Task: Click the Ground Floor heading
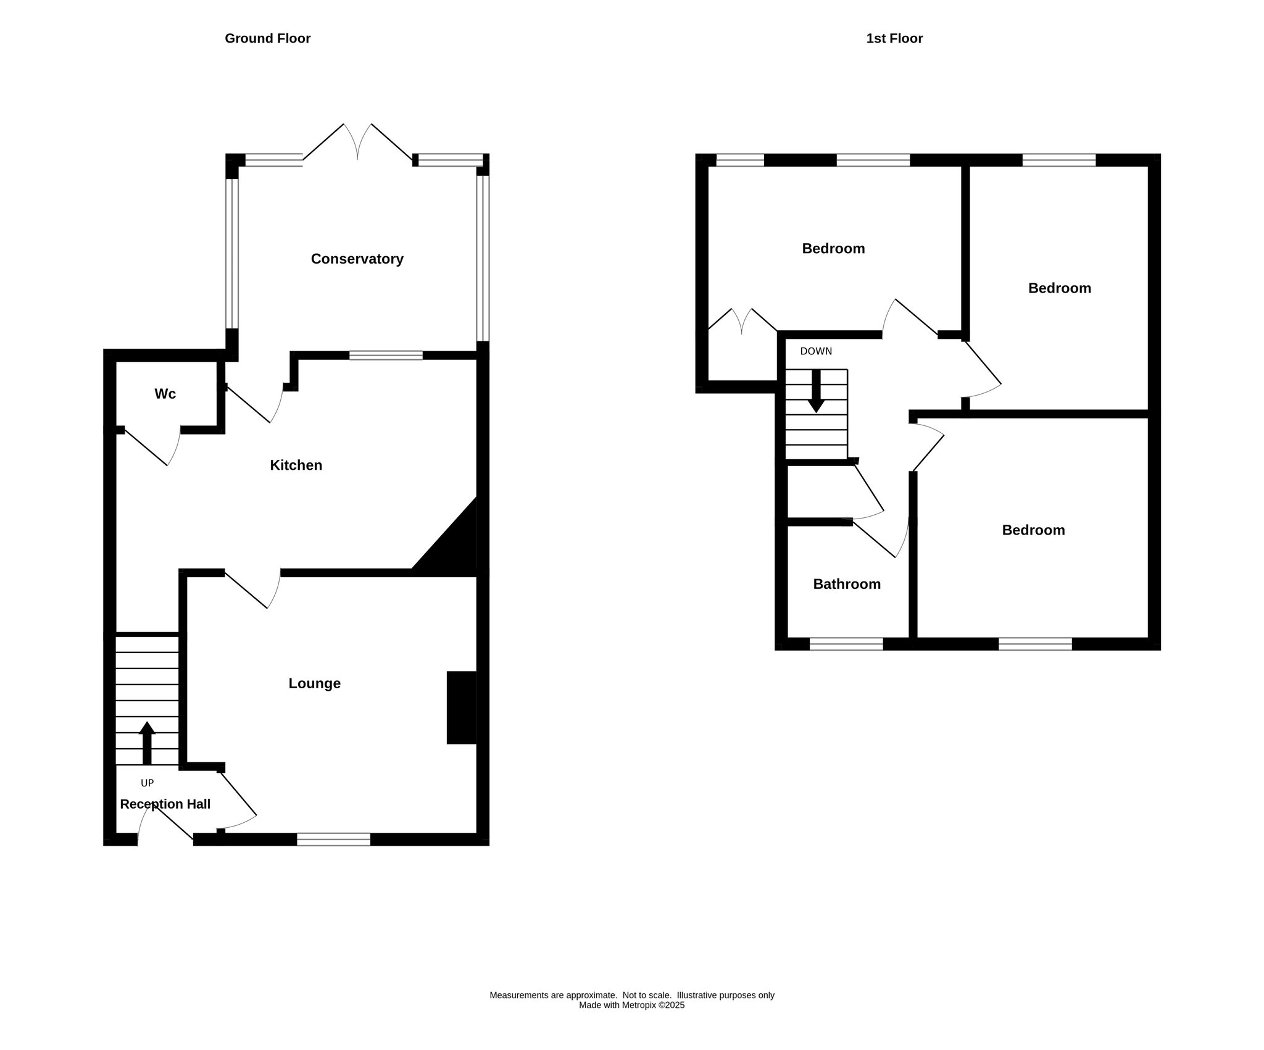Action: coord(267,38)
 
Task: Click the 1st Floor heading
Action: coord(894,38)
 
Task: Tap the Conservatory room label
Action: coord(357,259)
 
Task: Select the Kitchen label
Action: coord(296,465)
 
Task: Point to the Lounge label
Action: coord(314,683)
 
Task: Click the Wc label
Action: coord(165,394)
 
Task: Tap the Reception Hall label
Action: coord(165,804)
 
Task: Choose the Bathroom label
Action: coord(847,584)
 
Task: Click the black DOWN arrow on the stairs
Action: coord(816,391)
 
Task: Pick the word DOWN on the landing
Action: coord(816,351)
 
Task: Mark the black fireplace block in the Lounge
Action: coord(462,707)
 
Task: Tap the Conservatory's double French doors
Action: coord(358,143)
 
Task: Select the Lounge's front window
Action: coord(333,840)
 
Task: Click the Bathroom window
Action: coord(846,644)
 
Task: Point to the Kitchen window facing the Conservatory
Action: coord(386,355)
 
